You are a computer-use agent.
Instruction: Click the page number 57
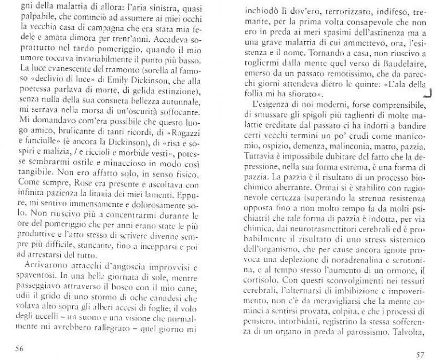pos(420,353)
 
